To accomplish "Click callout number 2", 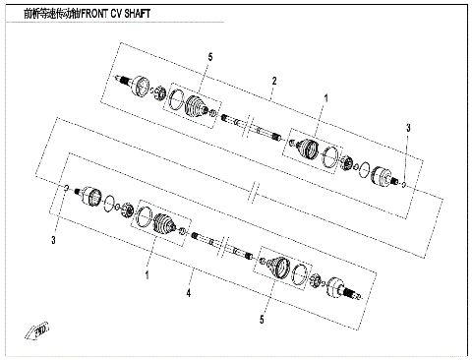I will [x=274, y=80].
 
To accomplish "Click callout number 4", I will [x=190, y=291].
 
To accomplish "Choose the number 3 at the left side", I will [x=54, y=240].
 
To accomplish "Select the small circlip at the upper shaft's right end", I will [x=403, y=184].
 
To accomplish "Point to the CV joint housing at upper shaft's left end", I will [x=137, y=85].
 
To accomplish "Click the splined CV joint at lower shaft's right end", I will [x=348, y=289].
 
